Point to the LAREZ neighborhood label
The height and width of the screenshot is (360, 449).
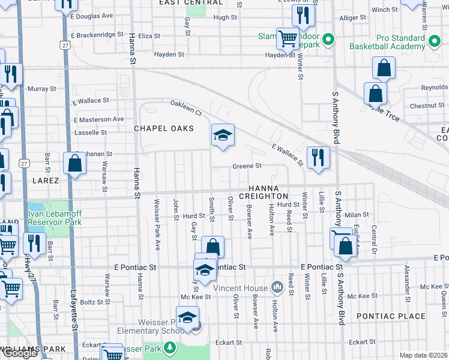click(x=46, y=180)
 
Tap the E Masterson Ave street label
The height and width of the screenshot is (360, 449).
click(x=97, y=119)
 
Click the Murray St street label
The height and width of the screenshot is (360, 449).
click(x=42, y=89)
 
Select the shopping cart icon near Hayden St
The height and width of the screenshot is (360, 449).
click(x=288, y=39)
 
